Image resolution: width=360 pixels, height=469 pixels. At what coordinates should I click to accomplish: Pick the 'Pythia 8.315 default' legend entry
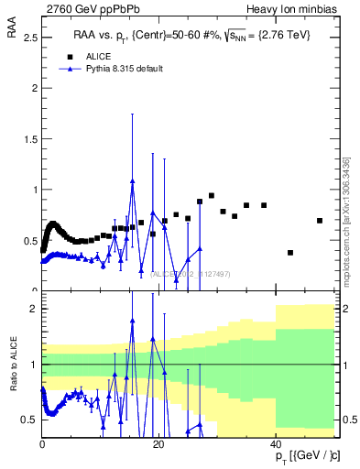coord(124,69)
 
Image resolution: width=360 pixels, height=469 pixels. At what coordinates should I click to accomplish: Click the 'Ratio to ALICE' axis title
coord(12,365)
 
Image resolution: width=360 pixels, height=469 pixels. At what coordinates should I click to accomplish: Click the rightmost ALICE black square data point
coord(320,221)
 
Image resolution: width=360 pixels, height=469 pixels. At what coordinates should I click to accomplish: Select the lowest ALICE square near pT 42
coord(290,253)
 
